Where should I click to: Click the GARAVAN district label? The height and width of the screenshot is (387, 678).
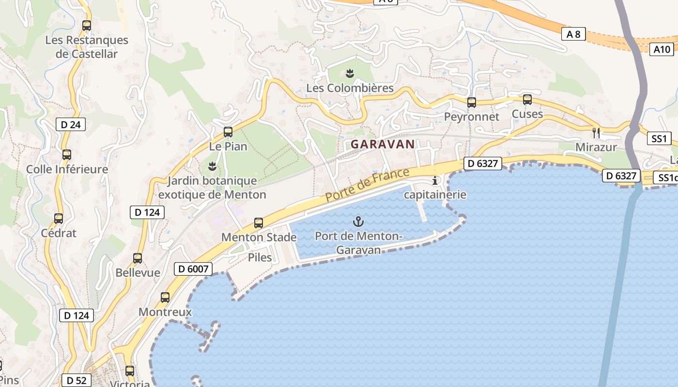(383, 144)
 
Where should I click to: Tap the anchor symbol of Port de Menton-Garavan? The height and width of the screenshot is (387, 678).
(358, 222)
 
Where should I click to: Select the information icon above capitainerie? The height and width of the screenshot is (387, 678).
(435, 181)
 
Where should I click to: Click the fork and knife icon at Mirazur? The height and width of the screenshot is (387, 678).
(596, 133)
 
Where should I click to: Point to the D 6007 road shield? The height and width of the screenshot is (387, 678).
(193, 269)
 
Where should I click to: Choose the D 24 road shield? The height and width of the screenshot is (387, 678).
(71, 124)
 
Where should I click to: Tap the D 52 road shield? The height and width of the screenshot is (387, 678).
(77, 380)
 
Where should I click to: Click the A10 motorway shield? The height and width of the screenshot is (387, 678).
(662, 49)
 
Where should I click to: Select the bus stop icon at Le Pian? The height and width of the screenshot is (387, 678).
(228, 132)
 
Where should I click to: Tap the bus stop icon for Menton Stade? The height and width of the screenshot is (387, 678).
(259, 223)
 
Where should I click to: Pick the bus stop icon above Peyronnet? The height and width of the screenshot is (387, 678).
(471, 103)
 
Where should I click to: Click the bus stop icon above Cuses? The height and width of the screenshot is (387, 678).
(527, 100)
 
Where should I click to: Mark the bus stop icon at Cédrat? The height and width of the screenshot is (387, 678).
(59, 219)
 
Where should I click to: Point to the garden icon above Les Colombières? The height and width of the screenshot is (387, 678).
(350, 74)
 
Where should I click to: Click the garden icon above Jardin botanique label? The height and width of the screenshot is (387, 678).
(212, 167)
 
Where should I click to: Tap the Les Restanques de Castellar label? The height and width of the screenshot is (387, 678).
(87, 47)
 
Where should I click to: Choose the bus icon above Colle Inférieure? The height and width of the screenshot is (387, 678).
(67, 155)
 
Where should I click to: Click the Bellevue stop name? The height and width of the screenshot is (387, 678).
(138, 272)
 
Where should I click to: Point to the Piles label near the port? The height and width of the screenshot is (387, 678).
(260, 257)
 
